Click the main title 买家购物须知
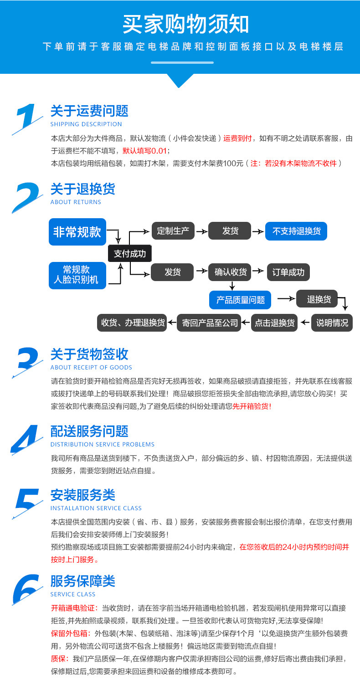coord(185,24)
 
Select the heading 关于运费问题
coord(89,111)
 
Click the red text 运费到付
coord(237,139)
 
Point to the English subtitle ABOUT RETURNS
coord(76,202)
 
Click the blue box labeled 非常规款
coord(77,231)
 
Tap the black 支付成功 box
coord(130,254)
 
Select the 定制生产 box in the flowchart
coord(173,231)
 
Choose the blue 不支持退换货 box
coord(296,231)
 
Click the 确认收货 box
coord(231,272)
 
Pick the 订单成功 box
coord(288,272)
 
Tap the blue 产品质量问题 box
coord(240,300)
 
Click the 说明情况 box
coord(332,323)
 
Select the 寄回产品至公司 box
coord(210,323)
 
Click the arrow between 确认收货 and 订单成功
coord(259,272)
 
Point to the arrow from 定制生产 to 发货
coord(201,231)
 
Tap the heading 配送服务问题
coord(89,431)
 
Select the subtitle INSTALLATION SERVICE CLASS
coord(96,508)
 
